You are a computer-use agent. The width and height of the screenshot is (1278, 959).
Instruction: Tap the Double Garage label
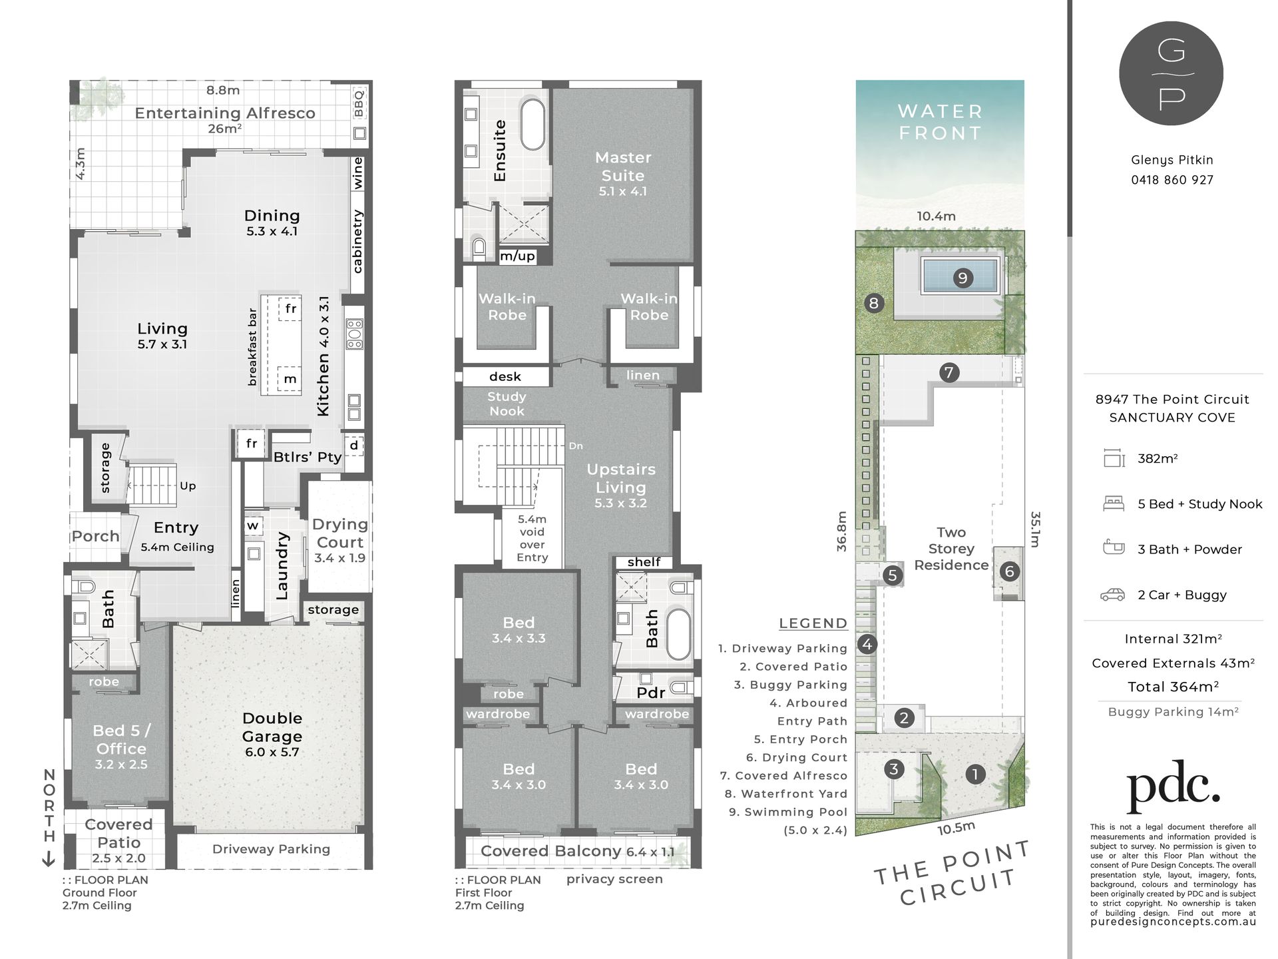click(x=272, y=727)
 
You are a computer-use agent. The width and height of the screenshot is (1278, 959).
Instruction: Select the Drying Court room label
click(x=339, y=533)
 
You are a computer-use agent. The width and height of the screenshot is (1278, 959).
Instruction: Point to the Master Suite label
click(x=623, y=166)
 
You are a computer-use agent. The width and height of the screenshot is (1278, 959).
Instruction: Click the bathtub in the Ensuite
click(x=532, y=125)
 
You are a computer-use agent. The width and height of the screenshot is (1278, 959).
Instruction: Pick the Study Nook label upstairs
click(x=507, y=404)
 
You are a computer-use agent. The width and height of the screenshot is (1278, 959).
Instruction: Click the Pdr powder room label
click(x=650, y=693)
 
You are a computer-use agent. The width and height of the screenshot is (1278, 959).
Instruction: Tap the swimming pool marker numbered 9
click(x=962, y=278)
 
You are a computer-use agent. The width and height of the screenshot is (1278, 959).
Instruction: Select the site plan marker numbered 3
click(x=894, y=769)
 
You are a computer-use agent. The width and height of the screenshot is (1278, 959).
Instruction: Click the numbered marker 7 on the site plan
click(x=949, y=372)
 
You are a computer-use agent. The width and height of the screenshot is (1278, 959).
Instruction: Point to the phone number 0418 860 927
click(x=1172, y=180)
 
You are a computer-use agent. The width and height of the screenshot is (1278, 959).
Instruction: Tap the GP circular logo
click(x=1171, y=73)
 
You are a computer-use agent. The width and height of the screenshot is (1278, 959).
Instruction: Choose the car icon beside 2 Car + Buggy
click(x=1114, y=595)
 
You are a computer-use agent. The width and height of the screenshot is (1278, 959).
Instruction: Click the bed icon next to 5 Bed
click(x=1114, y=503)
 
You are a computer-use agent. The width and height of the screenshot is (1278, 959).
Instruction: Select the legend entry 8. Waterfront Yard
click(x=785, y=794)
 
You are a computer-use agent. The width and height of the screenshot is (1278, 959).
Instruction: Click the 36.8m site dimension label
click(x=841, y=531)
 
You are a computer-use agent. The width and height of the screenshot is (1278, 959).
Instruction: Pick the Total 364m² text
click(x=1173, y=687)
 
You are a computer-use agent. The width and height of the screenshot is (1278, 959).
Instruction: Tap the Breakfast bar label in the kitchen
click(x=252, y=346)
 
